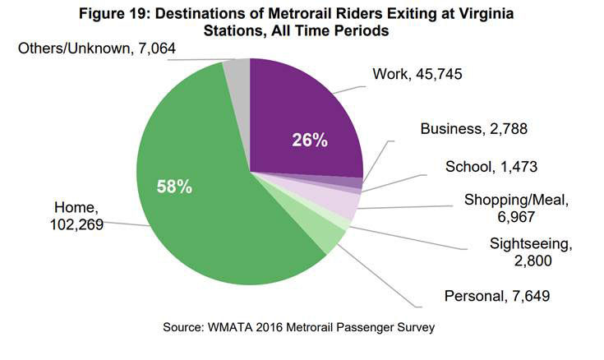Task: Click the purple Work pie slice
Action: (x=304, y=115)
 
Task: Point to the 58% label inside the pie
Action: (x=174, y=187)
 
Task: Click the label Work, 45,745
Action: (x=417, y=75)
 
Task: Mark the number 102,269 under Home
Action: (x=71, y=224)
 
